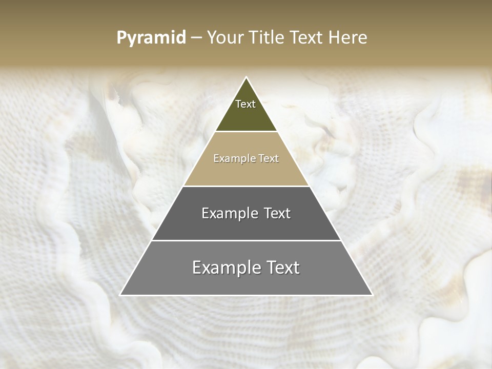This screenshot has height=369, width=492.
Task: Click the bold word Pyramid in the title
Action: pyautogui.click(x=151, y=38)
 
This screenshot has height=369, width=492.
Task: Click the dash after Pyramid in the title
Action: pyautogui.click(x=196, y=38)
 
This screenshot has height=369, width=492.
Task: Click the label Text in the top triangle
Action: pyautogui.click(x=245, y=104)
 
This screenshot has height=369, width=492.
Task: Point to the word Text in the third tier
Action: pyautogui.click(x=277, y=213)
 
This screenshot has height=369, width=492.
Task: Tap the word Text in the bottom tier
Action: pyautogui.click(x=282, y=268)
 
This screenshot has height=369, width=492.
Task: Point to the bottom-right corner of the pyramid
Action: pyautogui.click(x=371, y=294)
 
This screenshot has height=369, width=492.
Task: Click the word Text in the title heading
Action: pyautogui.click(x=307, y=38)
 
